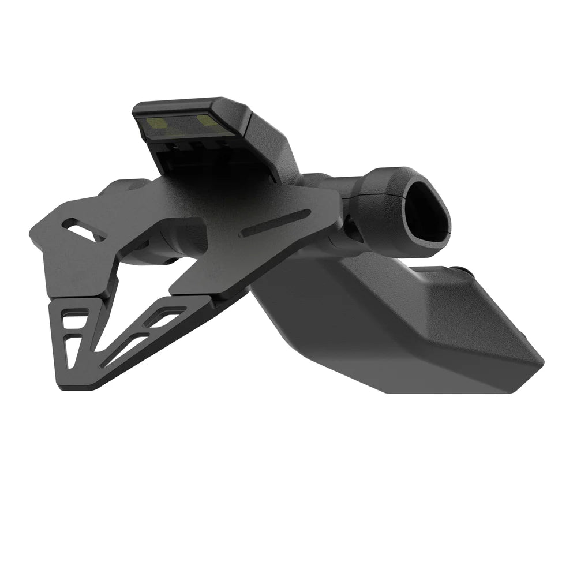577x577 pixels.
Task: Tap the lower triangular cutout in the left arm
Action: coord(74,349)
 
